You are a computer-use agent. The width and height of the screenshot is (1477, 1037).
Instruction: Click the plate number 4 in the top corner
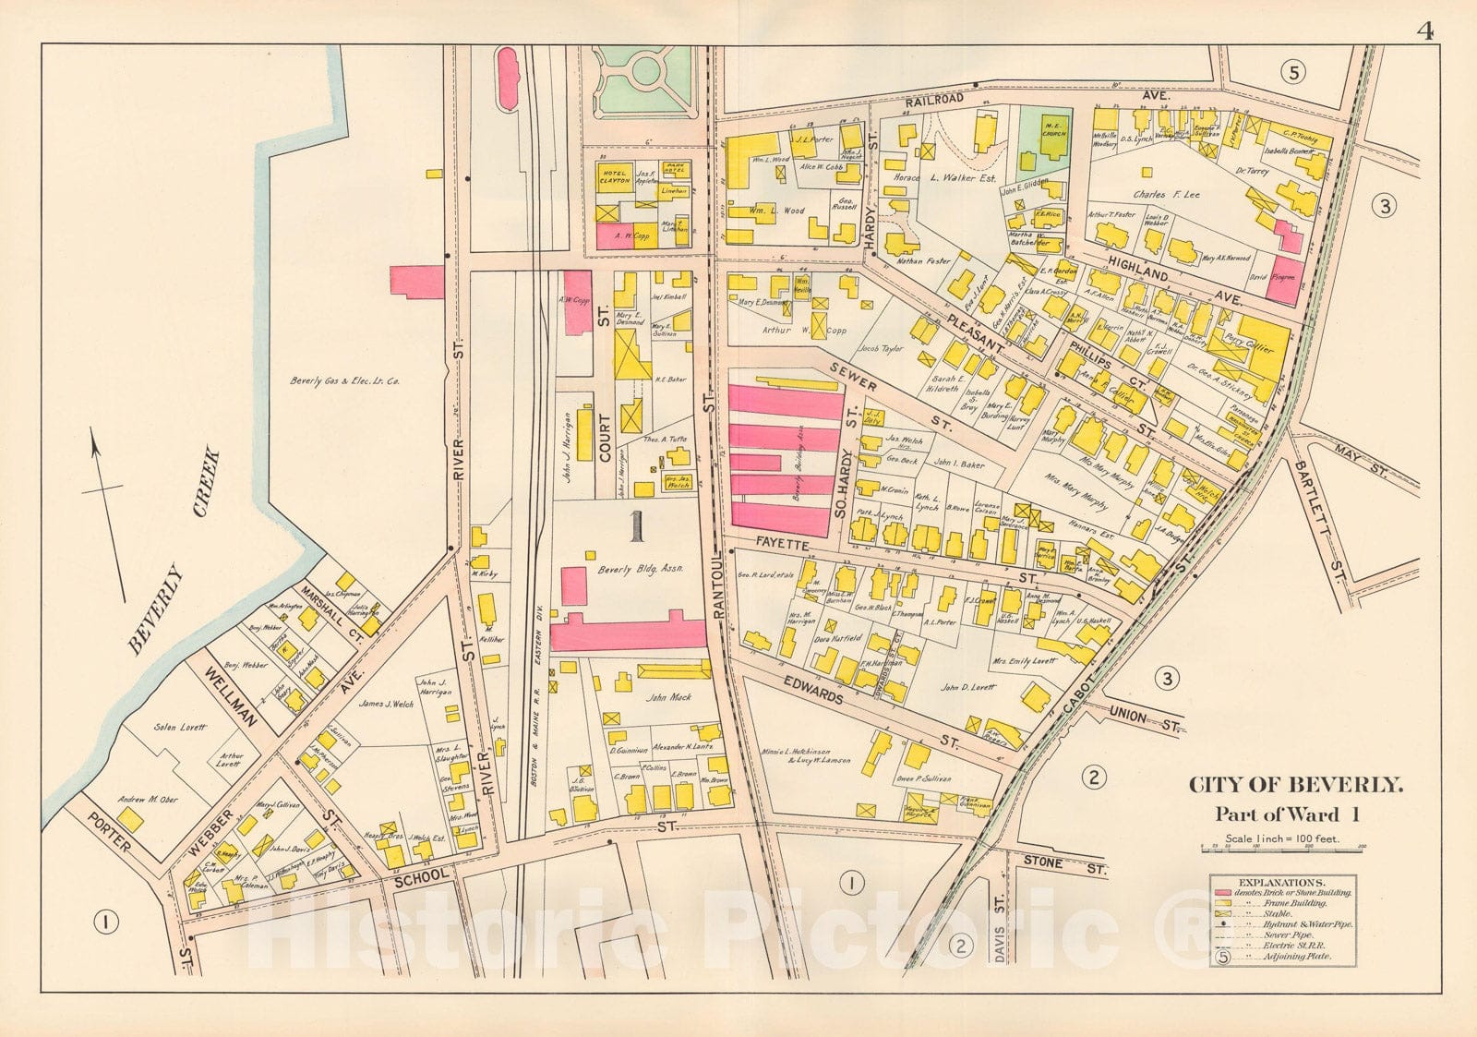(1424, 9)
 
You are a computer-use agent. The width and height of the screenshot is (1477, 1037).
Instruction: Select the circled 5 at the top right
(1293, 72)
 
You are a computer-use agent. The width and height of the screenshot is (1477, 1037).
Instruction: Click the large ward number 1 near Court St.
(635, 525)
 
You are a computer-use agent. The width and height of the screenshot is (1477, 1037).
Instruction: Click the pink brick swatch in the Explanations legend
(1225, 893)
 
